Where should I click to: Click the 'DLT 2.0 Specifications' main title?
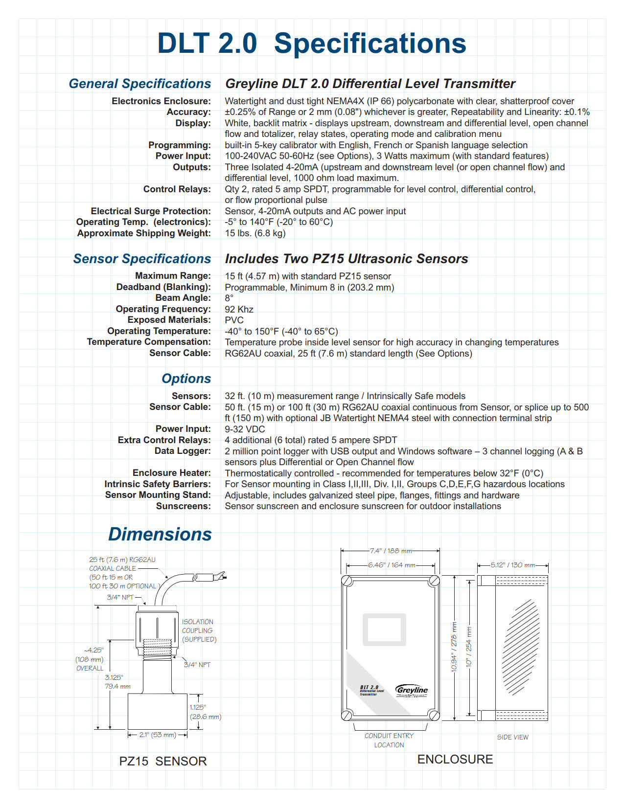[311, 44]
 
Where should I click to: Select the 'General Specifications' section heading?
[140, 84]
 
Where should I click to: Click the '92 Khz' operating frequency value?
[239, 309]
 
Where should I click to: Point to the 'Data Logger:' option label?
[183, 451]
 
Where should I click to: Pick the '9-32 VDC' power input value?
[245, 429]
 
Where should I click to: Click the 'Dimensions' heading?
[160, 535]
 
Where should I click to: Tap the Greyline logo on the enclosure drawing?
[412, 690]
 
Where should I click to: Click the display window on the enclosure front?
[384, 629]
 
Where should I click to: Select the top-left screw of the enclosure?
[347, 581]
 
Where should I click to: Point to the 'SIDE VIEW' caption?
[512, 737]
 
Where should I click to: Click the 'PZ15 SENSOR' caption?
[163, 761]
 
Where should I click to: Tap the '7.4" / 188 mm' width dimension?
[391, 551]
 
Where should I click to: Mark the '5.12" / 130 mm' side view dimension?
[513, 565]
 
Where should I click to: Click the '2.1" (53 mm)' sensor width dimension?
[157, 735]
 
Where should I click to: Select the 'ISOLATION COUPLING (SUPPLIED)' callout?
[198, 630]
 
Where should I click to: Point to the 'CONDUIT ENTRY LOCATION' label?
[389, 740]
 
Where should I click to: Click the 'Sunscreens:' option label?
[184, 506]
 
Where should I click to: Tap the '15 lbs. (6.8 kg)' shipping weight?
[255, 233]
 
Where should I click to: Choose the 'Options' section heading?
[186, 379]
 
